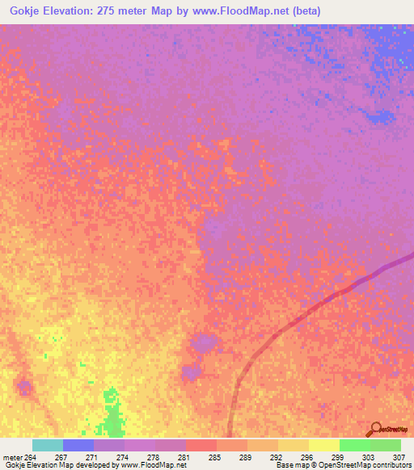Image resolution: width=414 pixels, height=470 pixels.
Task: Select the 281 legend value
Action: pyautogui.click(x=185, y=457)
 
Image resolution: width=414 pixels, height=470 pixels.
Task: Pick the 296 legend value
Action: pyautogui.click(x=308, y=457)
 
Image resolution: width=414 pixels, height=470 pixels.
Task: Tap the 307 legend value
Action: pyautogui.click(x=399, y=457)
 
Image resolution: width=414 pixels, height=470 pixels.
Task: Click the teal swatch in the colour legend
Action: pyautogui.click(x=47, y=445)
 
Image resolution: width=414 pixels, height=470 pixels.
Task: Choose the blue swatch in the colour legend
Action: pyautogui.click(x=78, y=445)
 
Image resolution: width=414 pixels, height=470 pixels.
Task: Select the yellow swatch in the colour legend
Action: pyautogui.click(x=323, y=445)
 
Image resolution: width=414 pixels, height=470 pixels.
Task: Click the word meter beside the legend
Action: pyautogui.click(x=12, y=457)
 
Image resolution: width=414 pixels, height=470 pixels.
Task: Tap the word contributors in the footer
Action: pyautogui.click(x=392, y=466)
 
